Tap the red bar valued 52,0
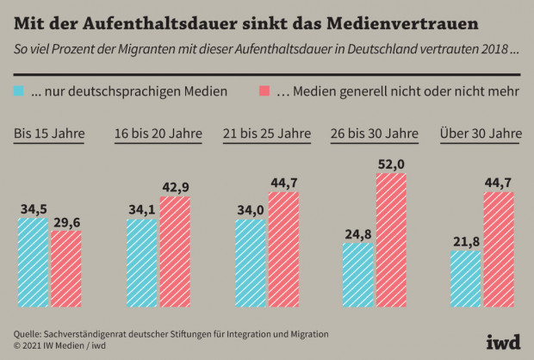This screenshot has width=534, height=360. (x=391, y=240)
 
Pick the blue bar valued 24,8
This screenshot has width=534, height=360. (x=358, y=275)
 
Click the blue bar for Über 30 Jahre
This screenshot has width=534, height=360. (x=467, y=279)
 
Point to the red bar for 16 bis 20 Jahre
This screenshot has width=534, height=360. (x=174, y=252)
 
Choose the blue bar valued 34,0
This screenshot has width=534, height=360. (x=251, y=264)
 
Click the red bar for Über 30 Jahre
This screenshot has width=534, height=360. (x=500, y=250)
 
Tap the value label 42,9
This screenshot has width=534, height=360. (x=175, y=187)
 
